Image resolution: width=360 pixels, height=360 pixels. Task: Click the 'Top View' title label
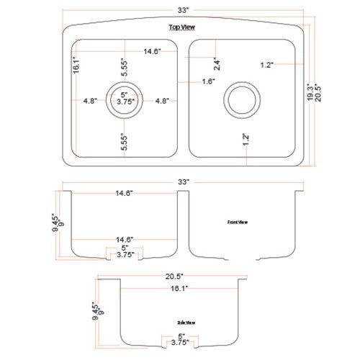pyautogui.click(x=183, y=28)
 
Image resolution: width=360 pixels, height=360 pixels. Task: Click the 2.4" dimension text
pyautogui.click(x=217, y=63)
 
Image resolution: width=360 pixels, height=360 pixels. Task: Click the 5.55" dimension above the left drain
pyautogui.click(x=124, y=68)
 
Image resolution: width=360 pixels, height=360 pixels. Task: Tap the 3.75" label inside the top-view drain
pyautogui.click(x=124, y=102)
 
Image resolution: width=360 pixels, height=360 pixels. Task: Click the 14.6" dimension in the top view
pyautogui.click(x=150, y=51)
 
